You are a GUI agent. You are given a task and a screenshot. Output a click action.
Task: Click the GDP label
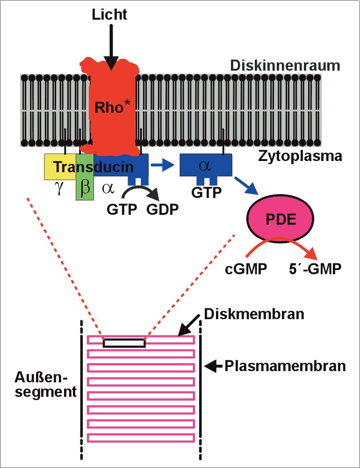(162, 209)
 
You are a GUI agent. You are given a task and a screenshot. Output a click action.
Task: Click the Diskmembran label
(255, 314)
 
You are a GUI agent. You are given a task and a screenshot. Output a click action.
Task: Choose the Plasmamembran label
(286, 366)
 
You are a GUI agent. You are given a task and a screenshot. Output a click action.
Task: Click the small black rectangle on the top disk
(124, 343)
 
